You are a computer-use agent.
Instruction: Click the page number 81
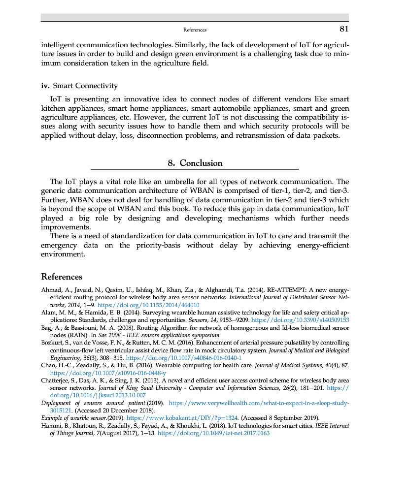[x=343, y=29]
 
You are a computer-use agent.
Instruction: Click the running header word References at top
[x=195, y=30]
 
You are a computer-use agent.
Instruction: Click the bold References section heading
[x=62, y=277]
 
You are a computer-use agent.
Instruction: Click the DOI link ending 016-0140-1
[x=184, y=358]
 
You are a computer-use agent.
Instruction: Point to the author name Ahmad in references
[x=50, y=290]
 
